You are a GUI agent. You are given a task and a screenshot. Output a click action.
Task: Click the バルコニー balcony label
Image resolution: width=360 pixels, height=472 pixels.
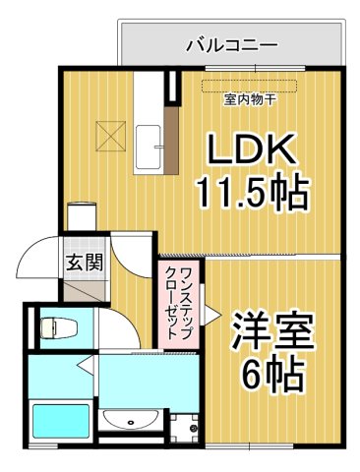(232, 45)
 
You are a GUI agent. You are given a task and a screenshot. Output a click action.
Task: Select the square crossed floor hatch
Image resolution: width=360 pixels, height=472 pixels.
(106, 132)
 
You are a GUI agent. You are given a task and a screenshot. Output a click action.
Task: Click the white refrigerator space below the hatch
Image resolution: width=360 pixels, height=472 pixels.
(82, 215)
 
